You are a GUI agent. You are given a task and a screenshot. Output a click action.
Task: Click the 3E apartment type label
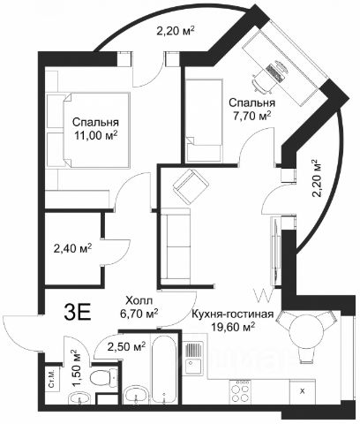point(79,313)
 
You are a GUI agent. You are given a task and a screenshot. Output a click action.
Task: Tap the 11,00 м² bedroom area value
point(96,135)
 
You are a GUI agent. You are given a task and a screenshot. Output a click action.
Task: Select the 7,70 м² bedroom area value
point(252,116)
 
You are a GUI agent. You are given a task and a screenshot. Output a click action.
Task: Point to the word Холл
point(139,301)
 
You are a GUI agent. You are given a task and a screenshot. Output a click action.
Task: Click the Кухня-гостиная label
point(232,314)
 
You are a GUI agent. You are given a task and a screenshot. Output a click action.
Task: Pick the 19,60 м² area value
point(233,326)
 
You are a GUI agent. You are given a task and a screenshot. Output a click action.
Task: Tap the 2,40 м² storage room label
point(72,248)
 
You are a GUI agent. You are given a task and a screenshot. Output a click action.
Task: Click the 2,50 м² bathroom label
point(126,346)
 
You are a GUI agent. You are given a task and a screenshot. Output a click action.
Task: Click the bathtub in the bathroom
point(164,368)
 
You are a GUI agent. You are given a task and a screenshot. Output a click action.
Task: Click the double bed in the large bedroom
point(88,130)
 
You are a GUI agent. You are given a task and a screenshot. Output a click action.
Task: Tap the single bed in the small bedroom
point(203,120)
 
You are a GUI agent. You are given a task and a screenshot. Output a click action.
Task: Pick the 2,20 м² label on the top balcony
point(176,31)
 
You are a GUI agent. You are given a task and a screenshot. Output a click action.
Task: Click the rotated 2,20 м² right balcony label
point(315,178)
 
